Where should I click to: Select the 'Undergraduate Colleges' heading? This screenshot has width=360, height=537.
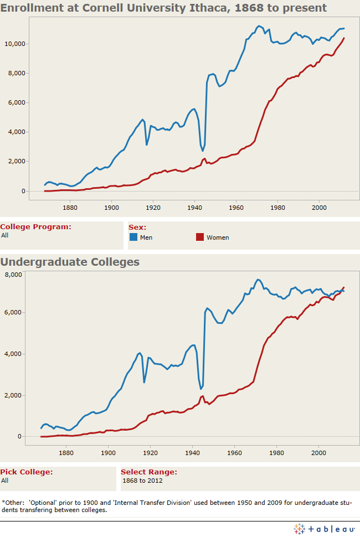70,262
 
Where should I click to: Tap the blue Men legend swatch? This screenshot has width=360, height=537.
133,237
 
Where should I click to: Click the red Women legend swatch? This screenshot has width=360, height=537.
200,237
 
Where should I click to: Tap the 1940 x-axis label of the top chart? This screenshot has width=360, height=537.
195,208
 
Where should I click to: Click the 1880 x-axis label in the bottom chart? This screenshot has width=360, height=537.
66,453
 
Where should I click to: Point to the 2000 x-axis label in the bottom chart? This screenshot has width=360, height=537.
318,453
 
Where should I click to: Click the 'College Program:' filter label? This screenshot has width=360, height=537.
35,226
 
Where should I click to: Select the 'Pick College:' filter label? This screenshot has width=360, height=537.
27,472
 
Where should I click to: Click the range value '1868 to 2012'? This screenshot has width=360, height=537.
142,481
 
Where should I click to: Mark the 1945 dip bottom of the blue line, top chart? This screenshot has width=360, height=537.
203,151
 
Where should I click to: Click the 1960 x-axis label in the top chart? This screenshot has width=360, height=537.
236,208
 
